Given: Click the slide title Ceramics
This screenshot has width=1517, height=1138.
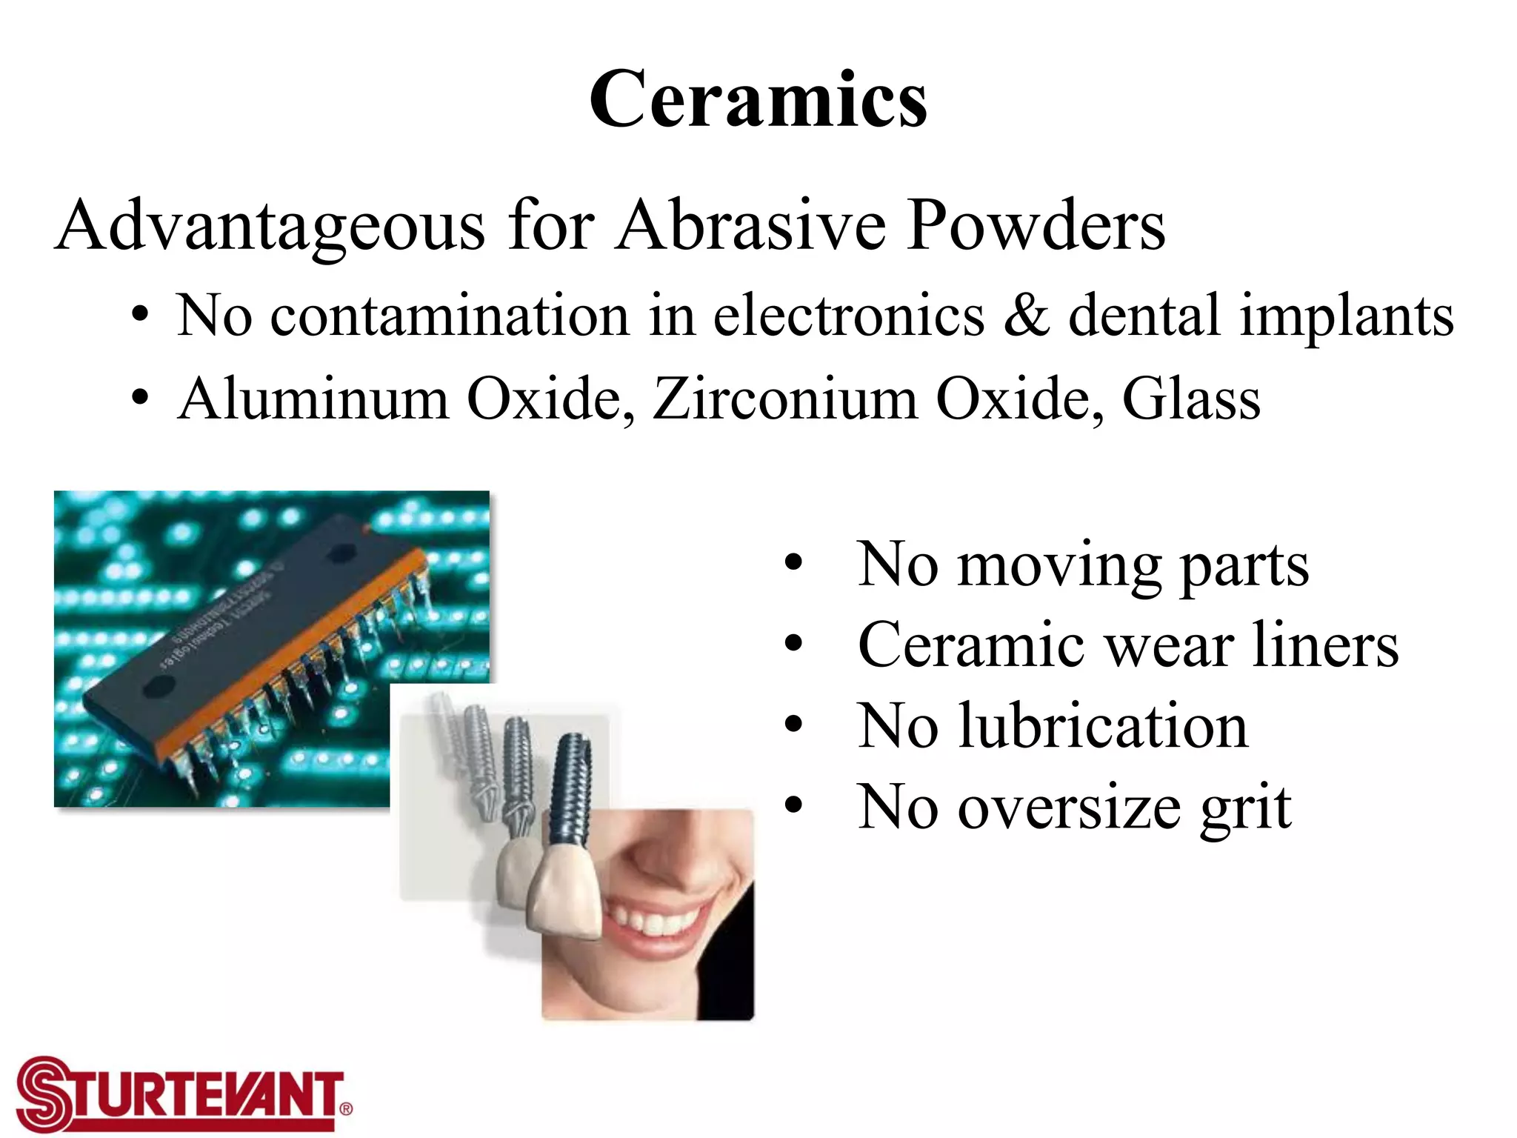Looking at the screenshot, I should click(758, 100).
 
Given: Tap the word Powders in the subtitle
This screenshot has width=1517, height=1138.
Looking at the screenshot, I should click(1036, 225).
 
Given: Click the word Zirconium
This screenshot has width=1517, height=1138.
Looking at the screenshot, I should click(785, 399).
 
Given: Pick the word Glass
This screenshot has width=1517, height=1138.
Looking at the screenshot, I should click(1191, 399).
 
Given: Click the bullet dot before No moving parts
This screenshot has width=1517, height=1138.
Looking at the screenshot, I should click(793, 565).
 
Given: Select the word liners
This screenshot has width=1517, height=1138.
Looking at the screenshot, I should click(1325, 645).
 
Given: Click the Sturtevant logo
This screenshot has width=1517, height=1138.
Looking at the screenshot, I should click(178, 1094).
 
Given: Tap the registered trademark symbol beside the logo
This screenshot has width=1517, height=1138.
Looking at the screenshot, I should click(345, 1109).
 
